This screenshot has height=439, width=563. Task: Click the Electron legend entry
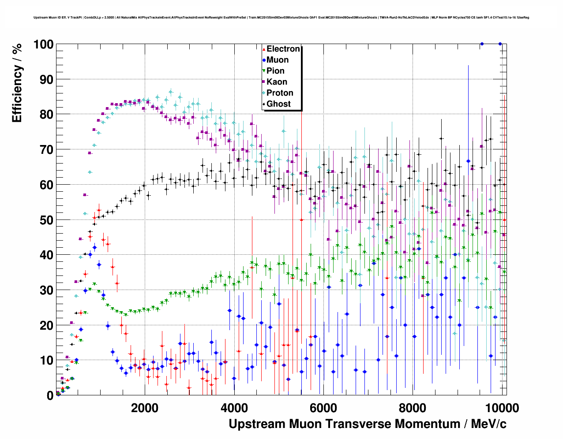(283, 49)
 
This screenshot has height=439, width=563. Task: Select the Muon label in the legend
(278, 60)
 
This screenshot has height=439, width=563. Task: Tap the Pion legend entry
(275, 71)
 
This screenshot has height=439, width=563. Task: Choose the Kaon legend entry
(277, 82)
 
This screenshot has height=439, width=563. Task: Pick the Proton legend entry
(280, 93)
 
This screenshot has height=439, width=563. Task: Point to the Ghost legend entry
(278, 104)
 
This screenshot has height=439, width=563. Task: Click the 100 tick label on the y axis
(43, 45)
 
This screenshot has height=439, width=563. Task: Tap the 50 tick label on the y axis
(46, 220)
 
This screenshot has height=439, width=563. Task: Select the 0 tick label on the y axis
(50, 395)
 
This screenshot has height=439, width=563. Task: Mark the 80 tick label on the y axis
(46, 115)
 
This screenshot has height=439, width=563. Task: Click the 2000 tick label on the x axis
(144, 408)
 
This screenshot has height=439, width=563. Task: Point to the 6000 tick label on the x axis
(323, 408)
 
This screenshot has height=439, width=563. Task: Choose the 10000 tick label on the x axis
(502, 408)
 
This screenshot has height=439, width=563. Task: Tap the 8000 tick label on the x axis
(412, 408)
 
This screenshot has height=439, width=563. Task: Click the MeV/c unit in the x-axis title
(488, 424)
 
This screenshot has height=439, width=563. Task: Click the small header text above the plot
(281, 18)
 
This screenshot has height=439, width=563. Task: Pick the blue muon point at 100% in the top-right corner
(482, 44)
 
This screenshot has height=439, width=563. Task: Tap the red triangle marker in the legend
(264, 49)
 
